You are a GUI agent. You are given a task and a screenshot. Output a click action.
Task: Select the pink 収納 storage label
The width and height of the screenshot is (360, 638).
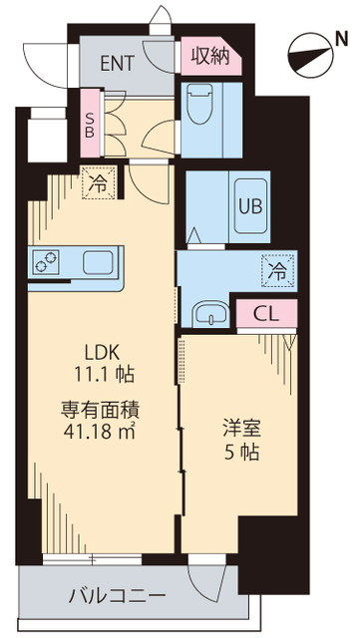pyautogui.click(x=209, y=56)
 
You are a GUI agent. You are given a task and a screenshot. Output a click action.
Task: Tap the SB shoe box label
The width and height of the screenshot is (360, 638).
pyautogui.click(x=91, y=122)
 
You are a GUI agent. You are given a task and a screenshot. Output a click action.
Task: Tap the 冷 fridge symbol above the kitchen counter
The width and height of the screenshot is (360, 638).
pyautogui.click(x=100, y=182)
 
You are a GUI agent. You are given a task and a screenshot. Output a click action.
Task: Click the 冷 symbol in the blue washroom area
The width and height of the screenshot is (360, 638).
pyautogui.click(x=278, y=268)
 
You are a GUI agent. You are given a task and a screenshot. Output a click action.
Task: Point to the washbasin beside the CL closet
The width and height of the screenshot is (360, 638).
pyautogui.click(x=209, y=313)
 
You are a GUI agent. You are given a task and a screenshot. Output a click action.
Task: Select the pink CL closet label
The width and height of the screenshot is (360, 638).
pyautogui.click(x=266, y=313)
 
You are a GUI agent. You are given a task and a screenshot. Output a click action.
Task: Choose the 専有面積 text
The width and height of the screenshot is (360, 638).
pyautogui.click(x=99, y=409)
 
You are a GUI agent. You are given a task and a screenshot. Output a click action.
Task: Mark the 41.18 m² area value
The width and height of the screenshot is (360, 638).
pyautogui.click(x=99, y=432)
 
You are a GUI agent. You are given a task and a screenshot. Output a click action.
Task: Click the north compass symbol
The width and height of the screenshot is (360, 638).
pyautogui.click(x=308, y=57)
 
